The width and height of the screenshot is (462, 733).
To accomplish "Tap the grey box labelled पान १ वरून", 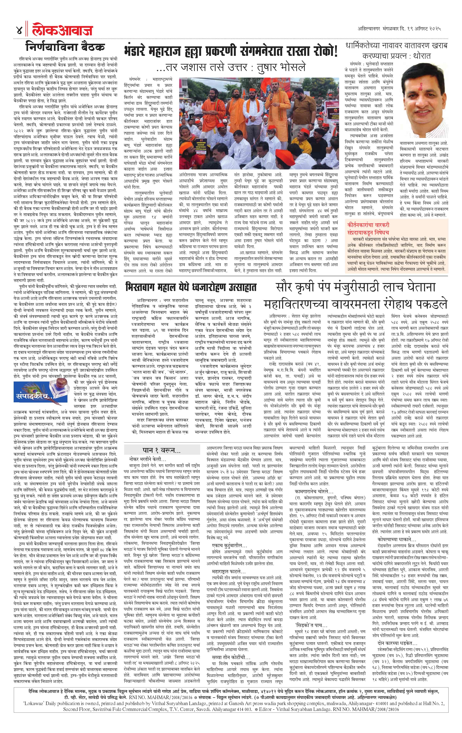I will [x=162, y=450].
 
